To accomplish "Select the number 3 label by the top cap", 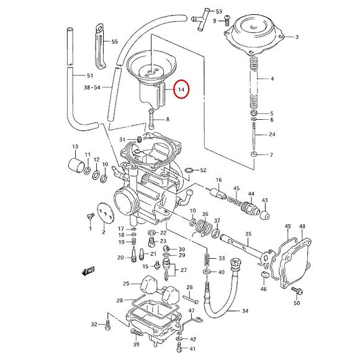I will (297, 37).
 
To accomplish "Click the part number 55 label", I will (114, 42).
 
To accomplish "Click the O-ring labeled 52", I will (189, 169).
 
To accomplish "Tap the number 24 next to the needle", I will (272, 135).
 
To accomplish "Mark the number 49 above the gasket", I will (287, 227).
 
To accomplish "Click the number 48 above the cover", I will (302, 227).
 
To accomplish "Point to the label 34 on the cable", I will (245, 310).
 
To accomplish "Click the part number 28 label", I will (120, 300).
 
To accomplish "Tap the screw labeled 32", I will (108, 323).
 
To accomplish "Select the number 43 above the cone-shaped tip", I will (264, 200).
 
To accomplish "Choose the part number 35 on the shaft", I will (248, 234).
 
